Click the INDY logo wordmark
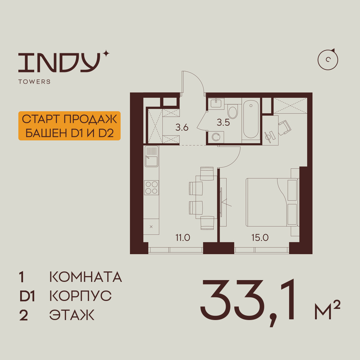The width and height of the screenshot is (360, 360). click(60, 62)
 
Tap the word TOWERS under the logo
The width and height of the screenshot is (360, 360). click(35, 82)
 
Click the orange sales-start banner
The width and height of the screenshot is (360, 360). click(69, 126)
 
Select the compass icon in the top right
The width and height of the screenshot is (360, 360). click(328, 59)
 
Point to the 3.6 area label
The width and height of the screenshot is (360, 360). click(182, 127)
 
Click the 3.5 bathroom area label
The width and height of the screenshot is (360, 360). click(223, 123)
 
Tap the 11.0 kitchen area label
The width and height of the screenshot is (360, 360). click(183, 238)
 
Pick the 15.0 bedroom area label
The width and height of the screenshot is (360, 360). click(260, 238)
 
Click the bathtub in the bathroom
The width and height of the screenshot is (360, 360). click(251, 120)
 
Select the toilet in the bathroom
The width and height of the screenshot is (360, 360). click(233, 111)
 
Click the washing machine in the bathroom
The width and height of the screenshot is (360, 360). click(216, 137)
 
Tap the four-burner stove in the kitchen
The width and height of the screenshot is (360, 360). click(151, 188)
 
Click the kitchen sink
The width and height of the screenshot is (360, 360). click(151, 156)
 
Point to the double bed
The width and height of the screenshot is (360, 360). click(272, 202)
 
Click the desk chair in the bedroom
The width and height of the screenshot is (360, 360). click(285, 127)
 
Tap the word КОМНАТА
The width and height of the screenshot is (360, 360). click(85, 277)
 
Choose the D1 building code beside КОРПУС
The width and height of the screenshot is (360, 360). click(27, 296)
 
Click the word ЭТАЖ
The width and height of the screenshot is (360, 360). click(72, 315)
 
